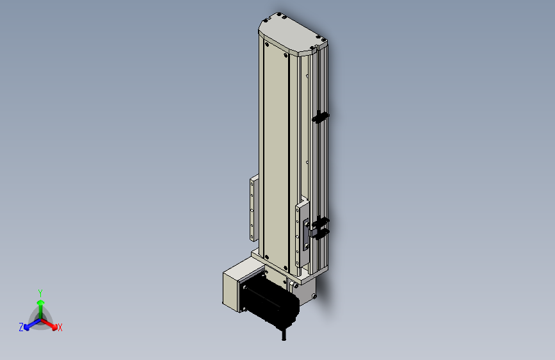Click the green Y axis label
click(40, 293)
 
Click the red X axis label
click(60, 327)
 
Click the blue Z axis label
click(21, 327)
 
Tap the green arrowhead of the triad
click(41, 302)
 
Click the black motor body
click(271, 298)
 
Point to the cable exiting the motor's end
click(284, 334)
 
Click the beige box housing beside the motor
click(236, 287)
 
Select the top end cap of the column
click(293, 34)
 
